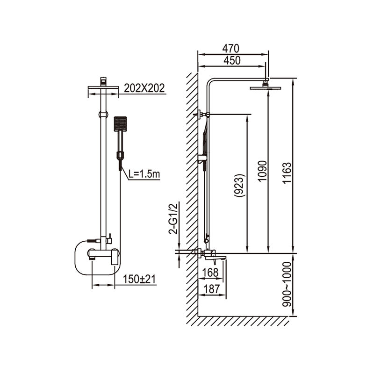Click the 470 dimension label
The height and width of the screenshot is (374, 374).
pos(230,49)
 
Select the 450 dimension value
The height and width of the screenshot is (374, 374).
pos(232,61)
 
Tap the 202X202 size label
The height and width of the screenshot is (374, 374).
pos(144,88)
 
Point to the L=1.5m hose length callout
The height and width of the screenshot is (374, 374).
pos(144,174)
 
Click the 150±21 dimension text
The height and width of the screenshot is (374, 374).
pos(139,279)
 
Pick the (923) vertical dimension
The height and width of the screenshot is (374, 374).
pos(240,186)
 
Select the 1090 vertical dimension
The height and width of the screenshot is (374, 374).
pos(262,171)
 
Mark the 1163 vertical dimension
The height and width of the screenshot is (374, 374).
pos(287,173)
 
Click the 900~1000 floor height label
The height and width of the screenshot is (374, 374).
pos(287,284)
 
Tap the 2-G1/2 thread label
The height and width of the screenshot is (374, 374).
pos(173,219)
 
